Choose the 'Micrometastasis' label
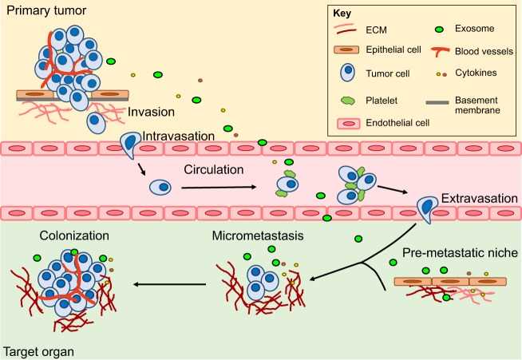(x=257, y=236)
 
